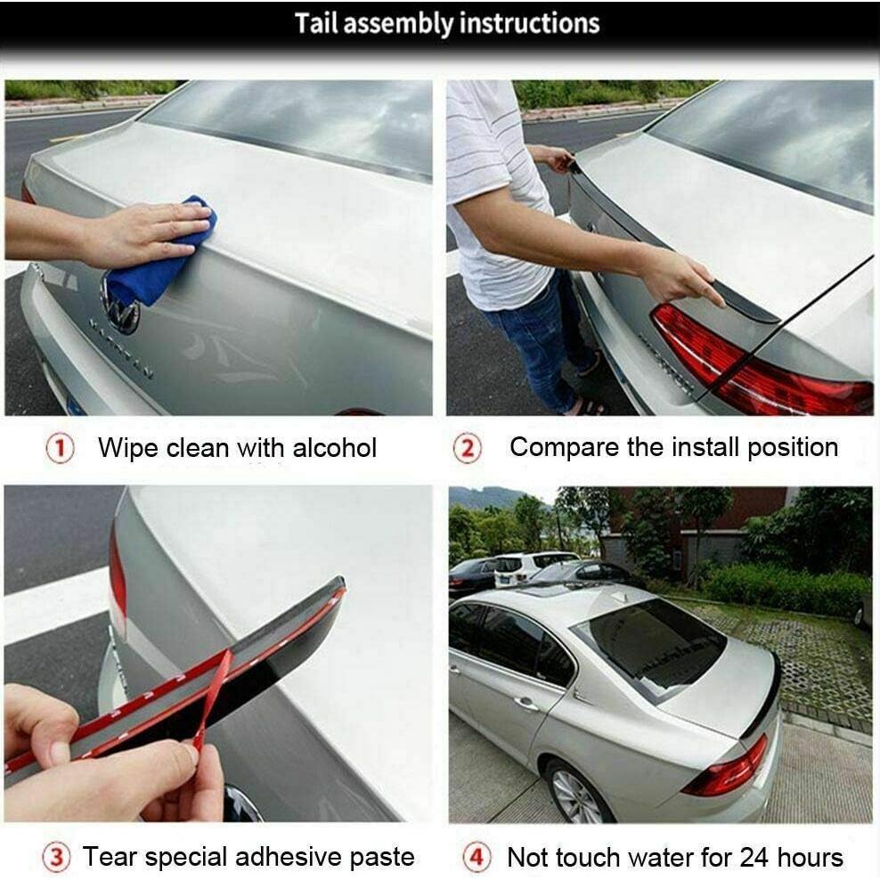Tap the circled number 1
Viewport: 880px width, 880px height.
pos(60,449)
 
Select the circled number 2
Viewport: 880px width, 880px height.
pos(468,449)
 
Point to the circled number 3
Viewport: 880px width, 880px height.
pos(56,859)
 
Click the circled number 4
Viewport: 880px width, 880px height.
pos(477,859)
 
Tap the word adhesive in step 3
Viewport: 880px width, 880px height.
pos(297,857)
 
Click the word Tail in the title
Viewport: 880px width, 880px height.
pos(316,23)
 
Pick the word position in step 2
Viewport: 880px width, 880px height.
pos(793,447)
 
